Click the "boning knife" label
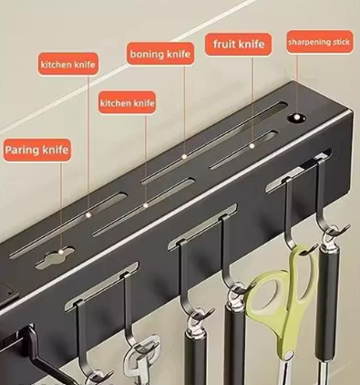pyautogui.click(x=160, y=54)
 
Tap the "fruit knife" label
pyautogui.click(x=239, y=45)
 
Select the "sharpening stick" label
pyautogui.click(x=319, y=42)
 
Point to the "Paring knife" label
pyautogui.click(x=36, y=151)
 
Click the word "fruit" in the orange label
pyautogui.click(x=224, y=44)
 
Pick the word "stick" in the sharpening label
pyautogui.click(x=341, y=42)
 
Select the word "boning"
pyautogui.click(x=147, y=55)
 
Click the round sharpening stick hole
pyautogui.click(x=297, y=118)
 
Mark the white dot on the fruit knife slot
pyautogui.click(x=252, y=146)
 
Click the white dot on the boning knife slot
pyautogui.click(x=184, y=156)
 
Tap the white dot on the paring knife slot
pyautogui.click(x=61, y=252)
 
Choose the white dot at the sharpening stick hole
pyautogui.click(x=297, y=117)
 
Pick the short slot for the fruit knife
pyautogui.click(x=244, y=150)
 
